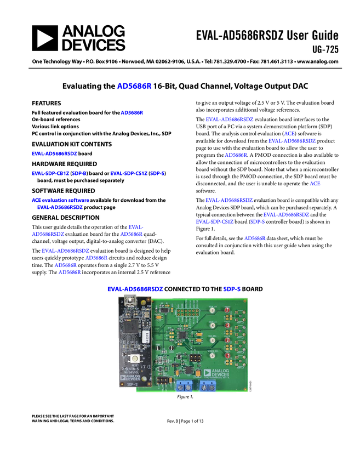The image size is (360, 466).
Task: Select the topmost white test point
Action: [x=212, y=310]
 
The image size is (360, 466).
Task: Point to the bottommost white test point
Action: [x=212, y=356]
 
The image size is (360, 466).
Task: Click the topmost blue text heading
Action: [x=134, y=86]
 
